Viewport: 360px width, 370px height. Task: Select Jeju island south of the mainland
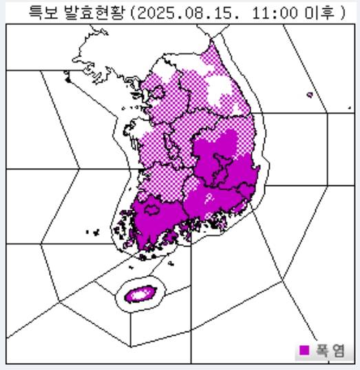click(141, 294)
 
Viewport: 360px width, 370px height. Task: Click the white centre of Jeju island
click(141, 294)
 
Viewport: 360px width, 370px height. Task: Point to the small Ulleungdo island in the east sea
click(310, 95)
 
